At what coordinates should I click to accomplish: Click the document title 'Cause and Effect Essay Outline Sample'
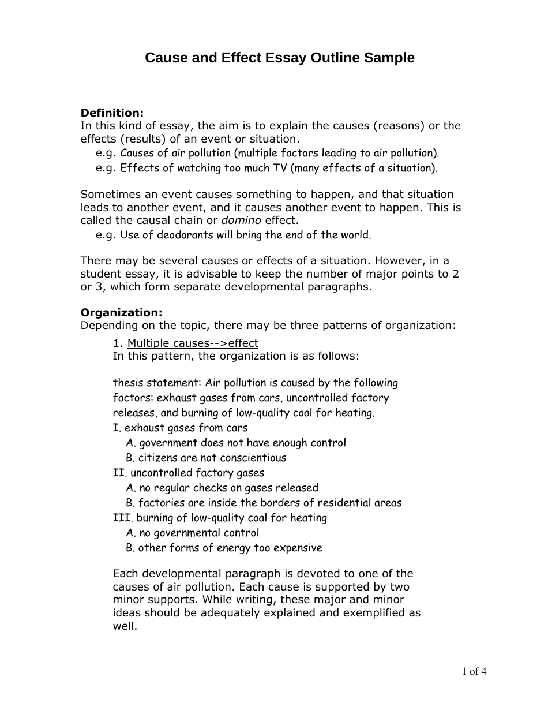[x=279, y=58]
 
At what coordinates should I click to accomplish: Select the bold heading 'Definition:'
[x=112, y=113]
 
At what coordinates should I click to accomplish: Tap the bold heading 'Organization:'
[x=121, y=312]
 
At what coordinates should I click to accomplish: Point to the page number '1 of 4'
[x=474, y=671]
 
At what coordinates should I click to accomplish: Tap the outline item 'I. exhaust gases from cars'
[x=180, y=428]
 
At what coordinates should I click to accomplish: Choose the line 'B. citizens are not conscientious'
[x=206, y=458]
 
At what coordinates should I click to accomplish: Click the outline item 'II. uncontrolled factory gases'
[x=188, y=473]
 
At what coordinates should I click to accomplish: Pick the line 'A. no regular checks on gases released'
[x=222, y=488]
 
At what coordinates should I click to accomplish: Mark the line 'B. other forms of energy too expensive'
[x=224, y=548]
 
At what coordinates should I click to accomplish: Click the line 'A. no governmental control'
[x=192, y=533]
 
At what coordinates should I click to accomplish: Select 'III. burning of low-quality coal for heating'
[x=220, y=518]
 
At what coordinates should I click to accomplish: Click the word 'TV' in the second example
[x=280, y=168]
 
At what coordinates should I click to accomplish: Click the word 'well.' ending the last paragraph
[x=125, y=626]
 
